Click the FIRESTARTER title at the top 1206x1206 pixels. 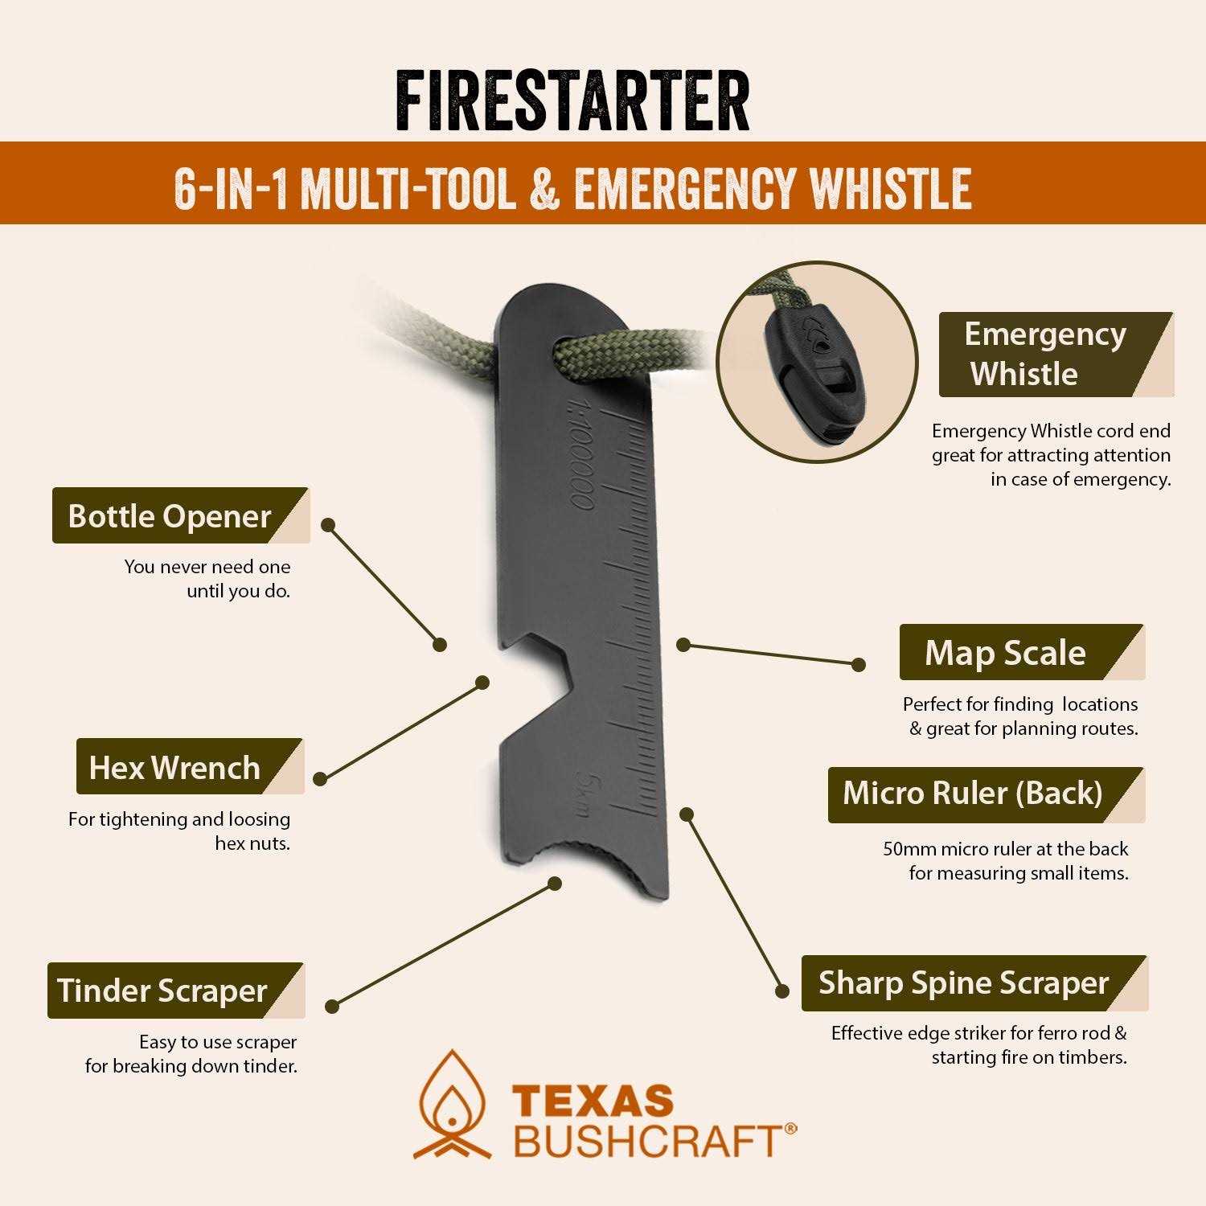point(572,101)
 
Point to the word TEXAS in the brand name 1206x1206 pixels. point(593,1100)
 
